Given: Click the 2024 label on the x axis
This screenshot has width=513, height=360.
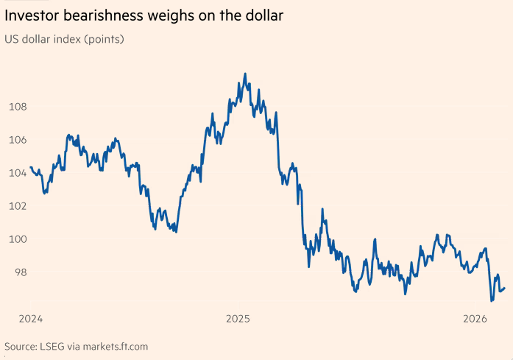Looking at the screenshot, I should click(30, 319).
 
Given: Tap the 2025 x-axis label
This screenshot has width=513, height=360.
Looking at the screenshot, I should click(238, 319).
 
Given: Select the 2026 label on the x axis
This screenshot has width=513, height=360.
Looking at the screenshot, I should click(476, 319).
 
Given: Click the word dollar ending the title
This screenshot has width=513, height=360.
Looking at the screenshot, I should click(262, 15).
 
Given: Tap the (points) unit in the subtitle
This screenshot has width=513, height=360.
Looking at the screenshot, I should click(105, 39).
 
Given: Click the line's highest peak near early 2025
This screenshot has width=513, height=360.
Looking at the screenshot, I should click(244, 74).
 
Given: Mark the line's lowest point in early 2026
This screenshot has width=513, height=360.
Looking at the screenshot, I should click(491, 301).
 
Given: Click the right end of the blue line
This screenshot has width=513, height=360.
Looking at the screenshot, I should click(504, 288).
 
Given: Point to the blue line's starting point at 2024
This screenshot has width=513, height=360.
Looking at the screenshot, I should click(30, 168).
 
